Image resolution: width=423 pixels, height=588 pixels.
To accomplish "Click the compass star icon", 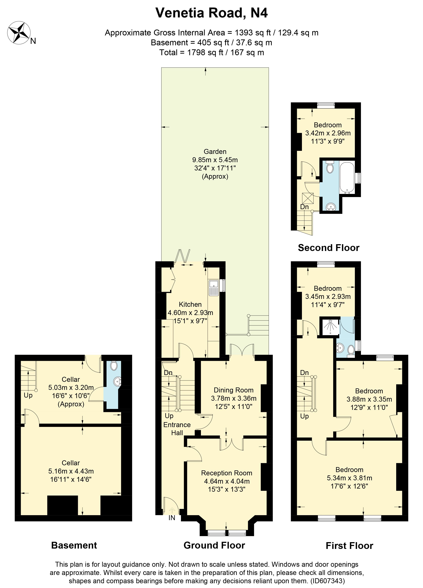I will (x=19, y=33).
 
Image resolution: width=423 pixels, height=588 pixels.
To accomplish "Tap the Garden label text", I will (x=215, y=152).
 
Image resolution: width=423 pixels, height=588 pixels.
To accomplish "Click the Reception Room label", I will (x=226, y=473).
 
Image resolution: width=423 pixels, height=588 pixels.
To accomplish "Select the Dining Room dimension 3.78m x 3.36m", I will (x=234, y=398).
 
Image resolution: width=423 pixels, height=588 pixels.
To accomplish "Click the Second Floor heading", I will (x=328, y=248).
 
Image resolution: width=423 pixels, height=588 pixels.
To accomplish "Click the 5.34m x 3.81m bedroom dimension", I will (x=349, y=478).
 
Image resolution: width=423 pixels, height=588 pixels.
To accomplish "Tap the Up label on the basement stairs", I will (x=28, y=395).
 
